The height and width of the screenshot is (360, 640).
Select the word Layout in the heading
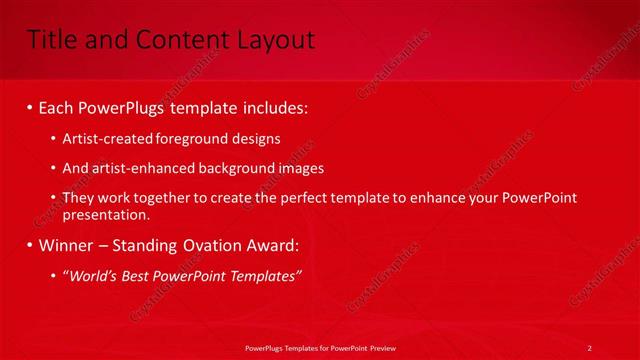tap(275, 40)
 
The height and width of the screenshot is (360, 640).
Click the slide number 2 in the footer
tap(589, 347)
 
